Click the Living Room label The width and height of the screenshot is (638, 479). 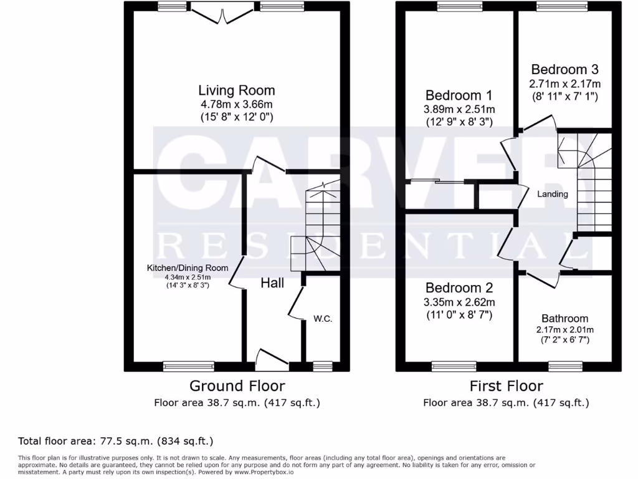[237, 90]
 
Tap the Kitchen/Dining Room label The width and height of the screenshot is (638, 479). [188, 268]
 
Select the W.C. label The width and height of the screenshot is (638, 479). [323, 319]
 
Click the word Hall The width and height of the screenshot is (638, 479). [272, 283]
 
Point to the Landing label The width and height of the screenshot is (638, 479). [553, 194]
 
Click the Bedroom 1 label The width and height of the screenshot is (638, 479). [459, 95]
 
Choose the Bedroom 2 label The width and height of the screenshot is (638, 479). [459, 288]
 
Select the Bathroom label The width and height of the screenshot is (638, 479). [564, 318]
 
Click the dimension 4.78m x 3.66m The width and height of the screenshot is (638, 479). [237, 104]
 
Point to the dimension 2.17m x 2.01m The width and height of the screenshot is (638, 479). [564, 329]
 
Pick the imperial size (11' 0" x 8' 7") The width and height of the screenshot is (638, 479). [459, 315]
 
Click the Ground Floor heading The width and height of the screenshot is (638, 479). [237, 385]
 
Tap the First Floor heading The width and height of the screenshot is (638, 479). [506, 385]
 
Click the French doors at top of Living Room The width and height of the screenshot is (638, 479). [223, 11]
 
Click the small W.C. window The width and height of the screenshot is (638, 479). [322, 365]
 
